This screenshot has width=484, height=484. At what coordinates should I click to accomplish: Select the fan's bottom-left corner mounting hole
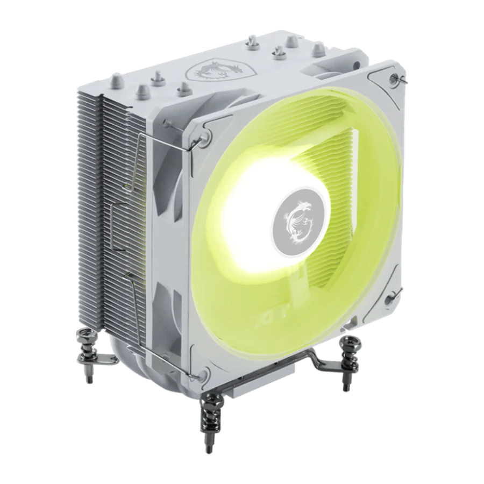206,372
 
